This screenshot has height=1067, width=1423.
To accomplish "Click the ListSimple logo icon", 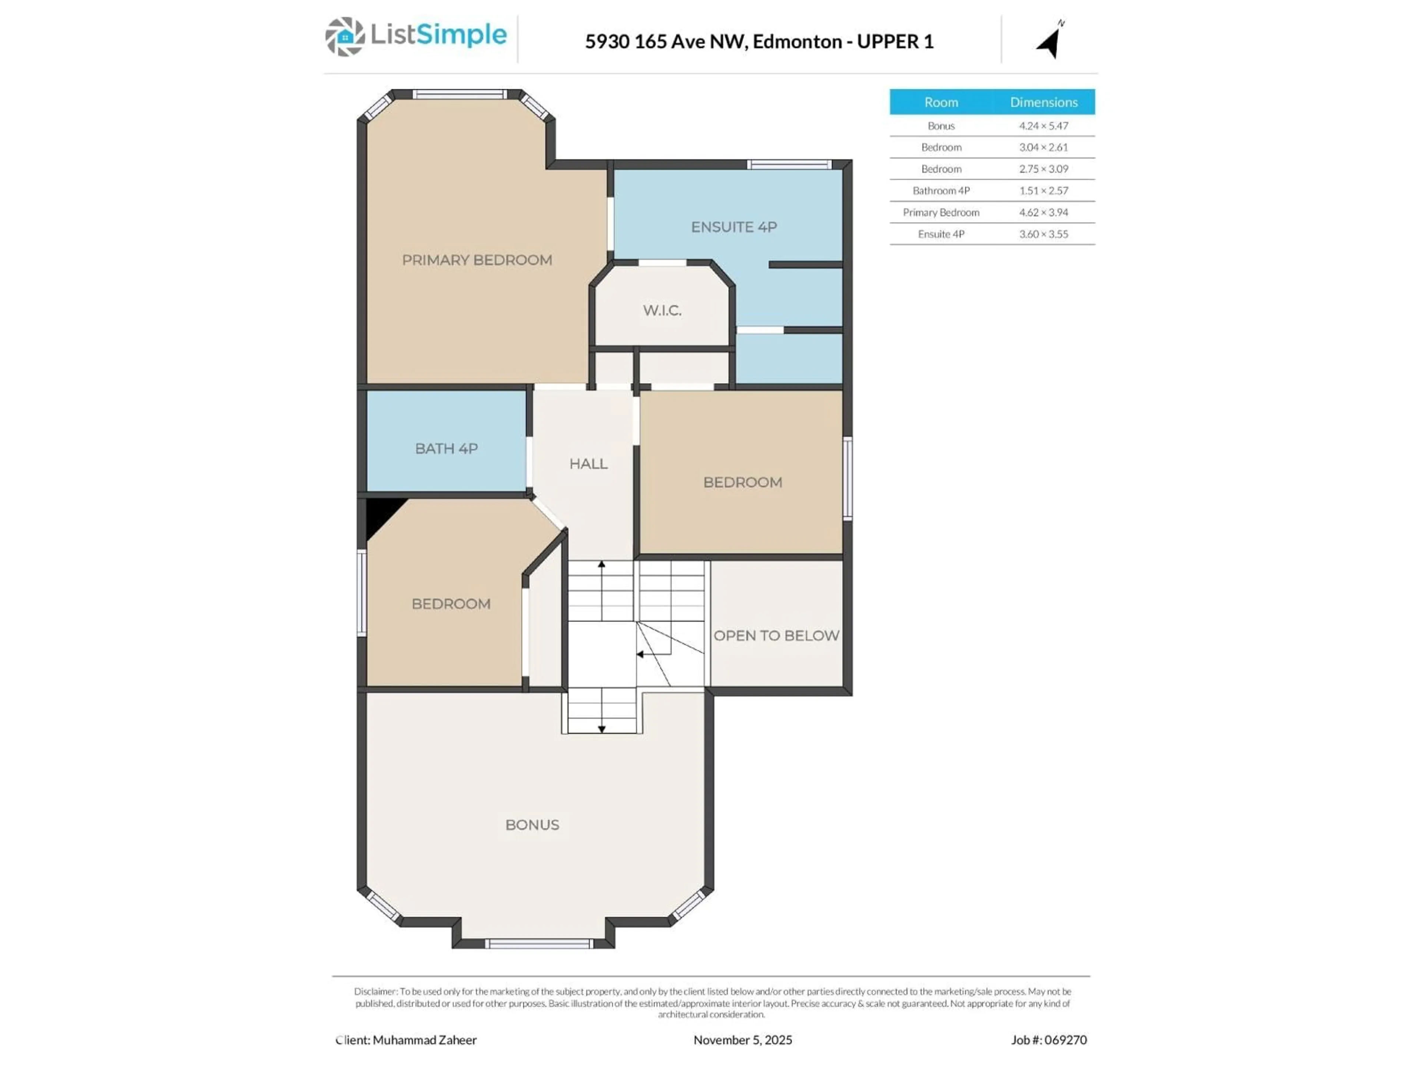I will click(345, 37).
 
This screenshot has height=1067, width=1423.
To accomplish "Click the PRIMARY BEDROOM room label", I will click(477, 260).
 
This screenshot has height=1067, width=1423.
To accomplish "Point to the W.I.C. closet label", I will click(662, 310).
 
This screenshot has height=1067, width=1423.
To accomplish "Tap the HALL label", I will click(588, 464).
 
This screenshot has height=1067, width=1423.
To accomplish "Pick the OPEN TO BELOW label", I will click(776, 635).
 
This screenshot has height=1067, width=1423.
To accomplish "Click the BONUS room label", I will click(532, 825).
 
